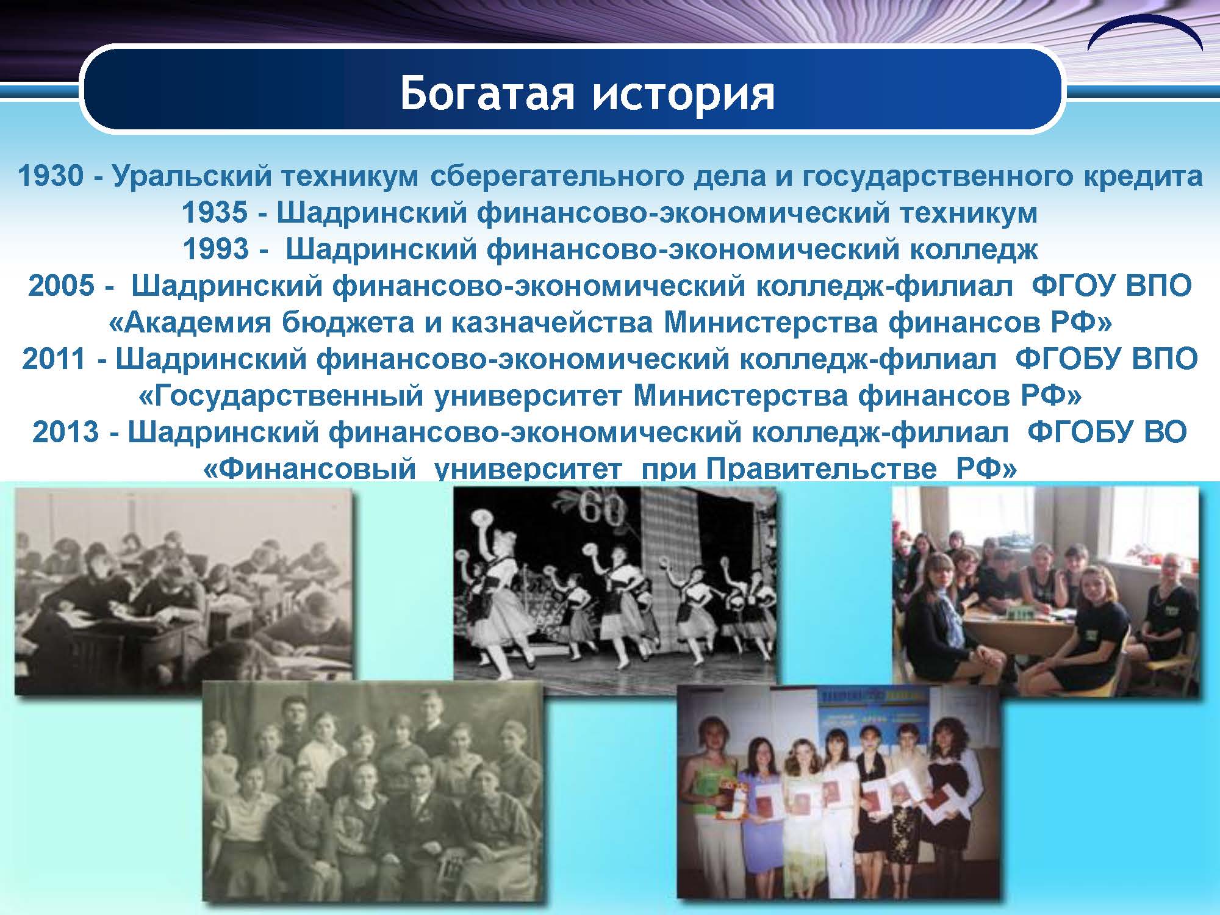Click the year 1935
coord(215,212)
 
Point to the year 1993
coord(216,249)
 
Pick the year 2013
coord(65,432)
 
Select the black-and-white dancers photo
coord(615,583)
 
